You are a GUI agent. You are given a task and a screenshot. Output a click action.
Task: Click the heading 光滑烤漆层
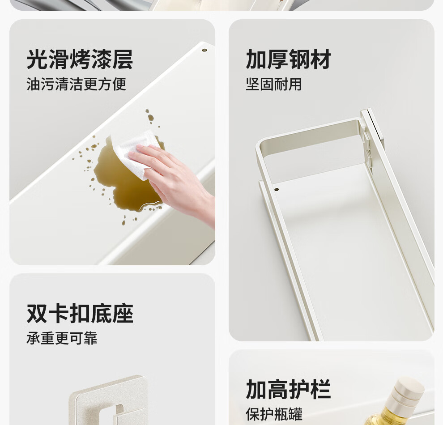[80, 59]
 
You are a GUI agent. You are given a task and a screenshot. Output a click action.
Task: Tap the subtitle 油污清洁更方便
[76, 84]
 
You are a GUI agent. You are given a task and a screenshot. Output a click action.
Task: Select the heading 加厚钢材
[289, 59]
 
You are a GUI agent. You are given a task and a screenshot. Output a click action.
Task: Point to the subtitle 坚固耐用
[274, 84]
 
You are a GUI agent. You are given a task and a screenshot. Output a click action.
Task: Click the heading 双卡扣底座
[80, 314]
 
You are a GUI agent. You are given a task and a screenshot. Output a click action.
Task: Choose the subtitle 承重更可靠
[62, 338]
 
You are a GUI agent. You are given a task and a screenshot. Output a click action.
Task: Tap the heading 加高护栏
[289, 389]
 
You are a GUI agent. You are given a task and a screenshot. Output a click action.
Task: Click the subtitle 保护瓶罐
[274, 414]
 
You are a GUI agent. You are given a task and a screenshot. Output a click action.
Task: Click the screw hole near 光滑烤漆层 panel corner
[204, 50]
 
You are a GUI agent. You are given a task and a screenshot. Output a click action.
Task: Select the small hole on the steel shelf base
[277, 190]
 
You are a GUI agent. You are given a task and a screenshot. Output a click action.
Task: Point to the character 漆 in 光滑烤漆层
[102, 59]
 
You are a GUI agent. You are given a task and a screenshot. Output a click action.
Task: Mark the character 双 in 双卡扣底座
[37, 314]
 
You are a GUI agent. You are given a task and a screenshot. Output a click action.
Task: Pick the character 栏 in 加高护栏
[321, 389]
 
